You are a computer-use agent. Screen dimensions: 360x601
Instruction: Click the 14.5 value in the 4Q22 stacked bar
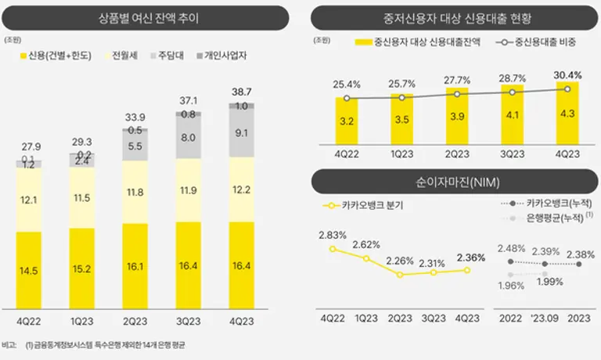coord(29,270)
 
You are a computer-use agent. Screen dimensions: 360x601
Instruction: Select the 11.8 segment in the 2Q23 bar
coord(135,192)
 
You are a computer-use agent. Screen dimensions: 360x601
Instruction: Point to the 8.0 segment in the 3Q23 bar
coord(189,138)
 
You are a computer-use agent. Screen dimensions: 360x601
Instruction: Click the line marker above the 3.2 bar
coord(347,98)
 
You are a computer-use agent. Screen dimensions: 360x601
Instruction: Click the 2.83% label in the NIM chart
coord(333,235)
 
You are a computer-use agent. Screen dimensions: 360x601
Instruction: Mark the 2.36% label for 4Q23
coord(470,257)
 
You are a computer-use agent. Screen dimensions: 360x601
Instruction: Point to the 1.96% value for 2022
coord(510,285)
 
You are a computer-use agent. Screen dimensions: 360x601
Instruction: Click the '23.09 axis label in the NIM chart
coord(545,319)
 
